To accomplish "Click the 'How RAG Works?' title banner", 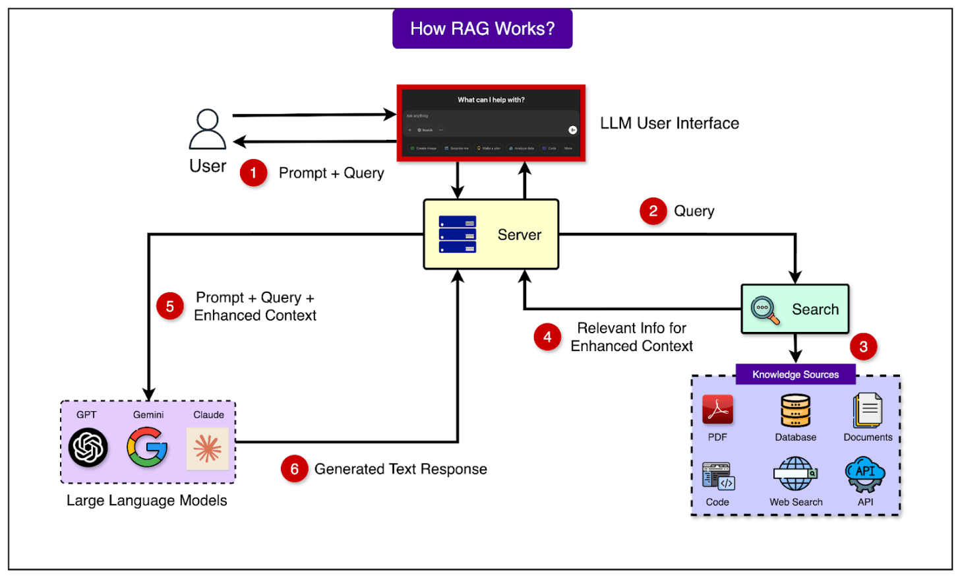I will coord(482,29).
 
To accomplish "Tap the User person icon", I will coord(208,129).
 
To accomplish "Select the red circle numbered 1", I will coord(253,173).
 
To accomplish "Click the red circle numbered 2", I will coord(653,211).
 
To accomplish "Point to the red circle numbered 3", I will coord(863,346).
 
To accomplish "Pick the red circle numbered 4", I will coord(547,337).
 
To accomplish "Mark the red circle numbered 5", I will coord(170,306).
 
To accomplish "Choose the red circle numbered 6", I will coord(294,469).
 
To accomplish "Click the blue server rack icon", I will coord(458,235).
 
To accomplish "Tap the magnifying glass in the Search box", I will coord(765,310).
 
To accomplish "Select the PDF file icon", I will coord(717,410).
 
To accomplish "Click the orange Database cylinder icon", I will coord(795,411).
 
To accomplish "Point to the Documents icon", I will coord(868,410).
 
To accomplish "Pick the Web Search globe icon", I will coord(795,474).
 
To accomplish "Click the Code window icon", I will coord(718,476).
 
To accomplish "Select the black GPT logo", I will coord(88,447).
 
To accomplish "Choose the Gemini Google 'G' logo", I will coord(147,447).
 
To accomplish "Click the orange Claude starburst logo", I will coord(208,449).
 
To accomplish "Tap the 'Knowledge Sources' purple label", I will coord(795,375).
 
